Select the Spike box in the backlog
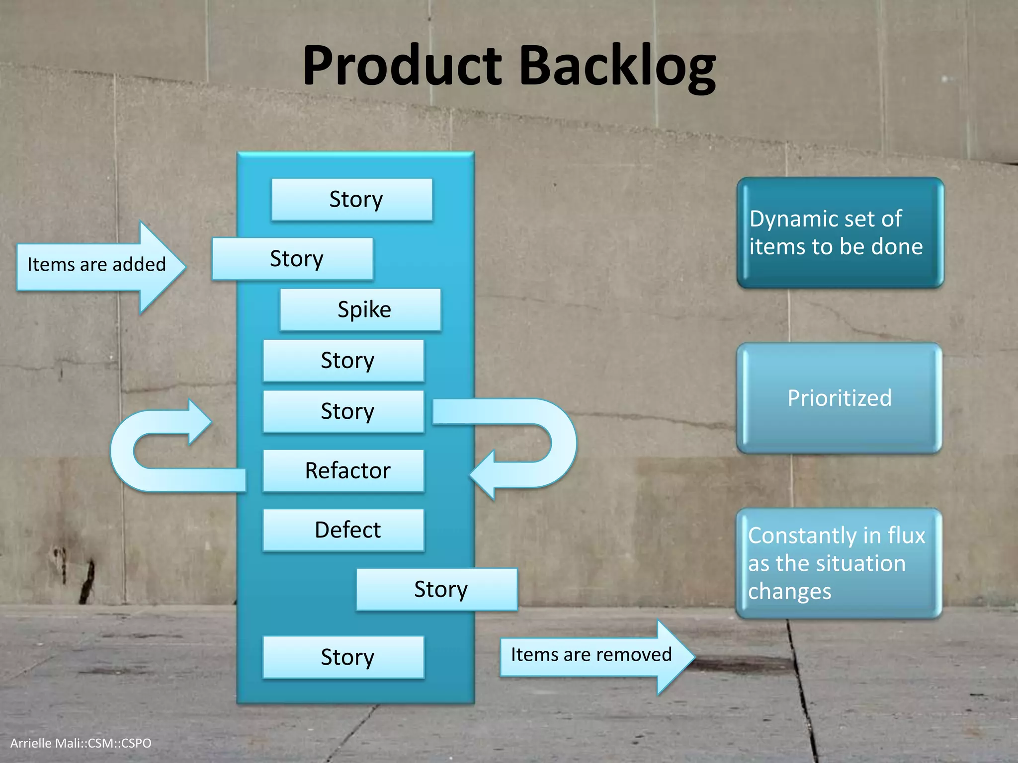coord(360,309)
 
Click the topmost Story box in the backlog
coord(352,199)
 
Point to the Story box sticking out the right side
coord(437,589)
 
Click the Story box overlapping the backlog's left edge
coord(293,258)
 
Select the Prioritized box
coord(840,398)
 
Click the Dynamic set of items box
coord(840,232)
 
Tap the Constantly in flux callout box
coord(839,563)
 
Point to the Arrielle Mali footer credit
coord(81,743)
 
